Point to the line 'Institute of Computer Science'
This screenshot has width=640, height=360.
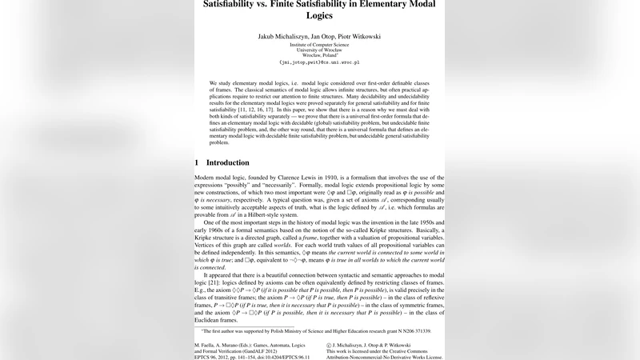tap(319, 46)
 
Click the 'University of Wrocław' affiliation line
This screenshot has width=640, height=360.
tap(319, 50)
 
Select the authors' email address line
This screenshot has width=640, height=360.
tap(319, 62)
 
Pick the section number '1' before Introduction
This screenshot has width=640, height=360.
tap(197, 162)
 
